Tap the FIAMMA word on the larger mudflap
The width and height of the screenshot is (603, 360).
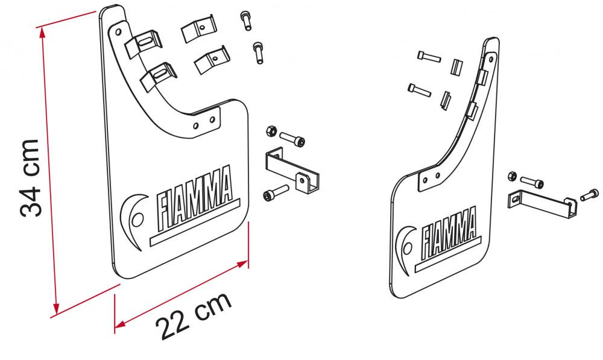(x=193, y=194)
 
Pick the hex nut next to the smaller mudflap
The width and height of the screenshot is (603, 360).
(x=512, y=176)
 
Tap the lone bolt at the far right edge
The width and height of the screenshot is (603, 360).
(x=589, y=194)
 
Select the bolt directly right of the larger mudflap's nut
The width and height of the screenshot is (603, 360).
(x=292, y=139)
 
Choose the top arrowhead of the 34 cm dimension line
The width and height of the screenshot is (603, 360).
(x=42, y=30)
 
